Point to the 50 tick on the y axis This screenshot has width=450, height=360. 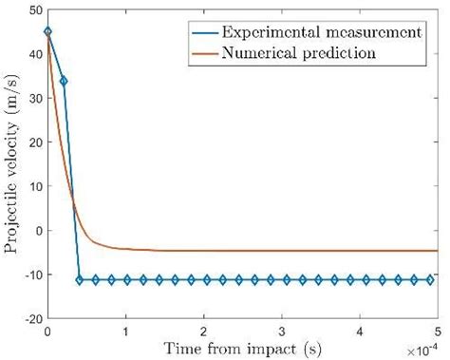34,9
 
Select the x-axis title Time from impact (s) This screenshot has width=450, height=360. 241,349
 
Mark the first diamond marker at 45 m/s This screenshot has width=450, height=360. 48,31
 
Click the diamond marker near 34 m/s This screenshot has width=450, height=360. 64,81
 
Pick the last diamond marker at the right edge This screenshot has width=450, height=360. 430,280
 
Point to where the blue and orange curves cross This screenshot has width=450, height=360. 73,201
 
